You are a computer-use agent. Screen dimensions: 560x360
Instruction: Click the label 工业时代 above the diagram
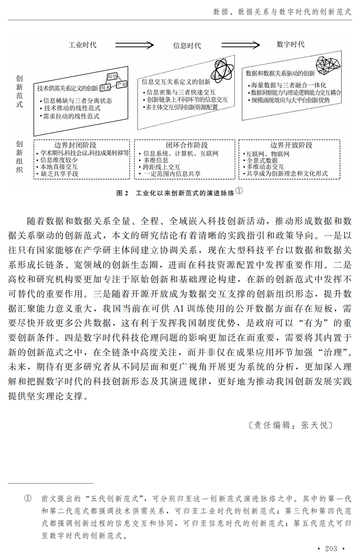82,45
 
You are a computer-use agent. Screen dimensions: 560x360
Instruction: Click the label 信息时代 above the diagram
187,45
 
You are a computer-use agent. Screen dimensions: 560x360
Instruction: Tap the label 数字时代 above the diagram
290,44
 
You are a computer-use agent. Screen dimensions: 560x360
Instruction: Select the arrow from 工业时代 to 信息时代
134,45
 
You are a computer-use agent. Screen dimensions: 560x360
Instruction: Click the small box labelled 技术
105,88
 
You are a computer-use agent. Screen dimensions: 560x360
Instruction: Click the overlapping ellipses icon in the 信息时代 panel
224,68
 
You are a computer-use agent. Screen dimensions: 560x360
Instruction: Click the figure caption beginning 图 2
175,193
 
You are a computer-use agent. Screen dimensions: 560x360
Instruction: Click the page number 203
331,548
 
